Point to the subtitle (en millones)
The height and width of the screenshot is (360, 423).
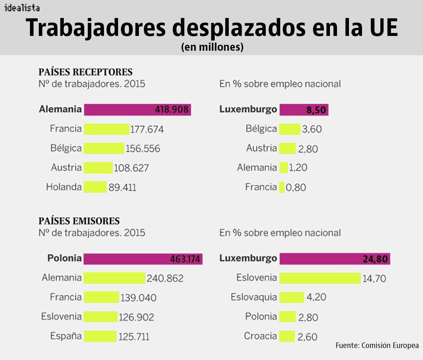pyautogui.click(x=212, y=47)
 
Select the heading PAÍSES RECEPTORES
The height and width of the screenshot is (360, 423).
pyautogui.click(x=85, y=72)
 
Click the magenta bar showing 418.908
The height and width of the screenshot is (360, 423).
pyautogui.click(x=137, y=110)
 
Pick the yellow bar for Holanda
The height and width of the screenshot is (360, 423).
pyautogui.click(x=95, y=187)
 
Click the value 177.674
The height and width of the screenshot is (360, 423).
pyautogui.click(x=147, y=130)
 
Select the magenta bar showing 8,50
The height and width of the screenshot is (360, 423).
pyautogui.click(x=304, y=110)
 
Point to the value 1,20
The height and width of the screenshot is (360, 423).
pyautogui.click(x=298, y=168)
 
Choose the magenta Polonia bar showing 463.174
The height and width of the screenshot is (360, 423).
pyautogui.click(x=143, y=259)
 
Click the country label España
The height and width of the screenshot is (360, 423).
pyautogui.click(x=66, y=335)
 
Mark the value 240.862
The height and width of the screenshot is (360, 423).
pyautogui.click(x=165, y=278)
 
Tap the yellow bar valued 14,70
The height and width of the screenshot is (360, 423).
pyautogui.click(x=320, y=278)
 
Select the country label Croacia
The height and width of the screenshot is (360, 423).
pyautogui.click(x=260, y=336)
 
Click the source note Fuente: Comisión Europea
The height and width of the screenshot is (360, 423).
pyautogui.click(x=377, y=345)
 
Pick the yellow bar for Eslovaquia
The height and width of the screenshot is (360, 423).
pyautogui.click(x=292, y=297)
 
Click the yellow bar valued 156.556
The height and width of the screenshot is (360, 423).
pyautogui.click(x=104, y=148)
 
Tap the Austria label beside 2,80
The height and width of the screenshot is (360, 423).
pyautogui.click(x=261, y=148)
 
